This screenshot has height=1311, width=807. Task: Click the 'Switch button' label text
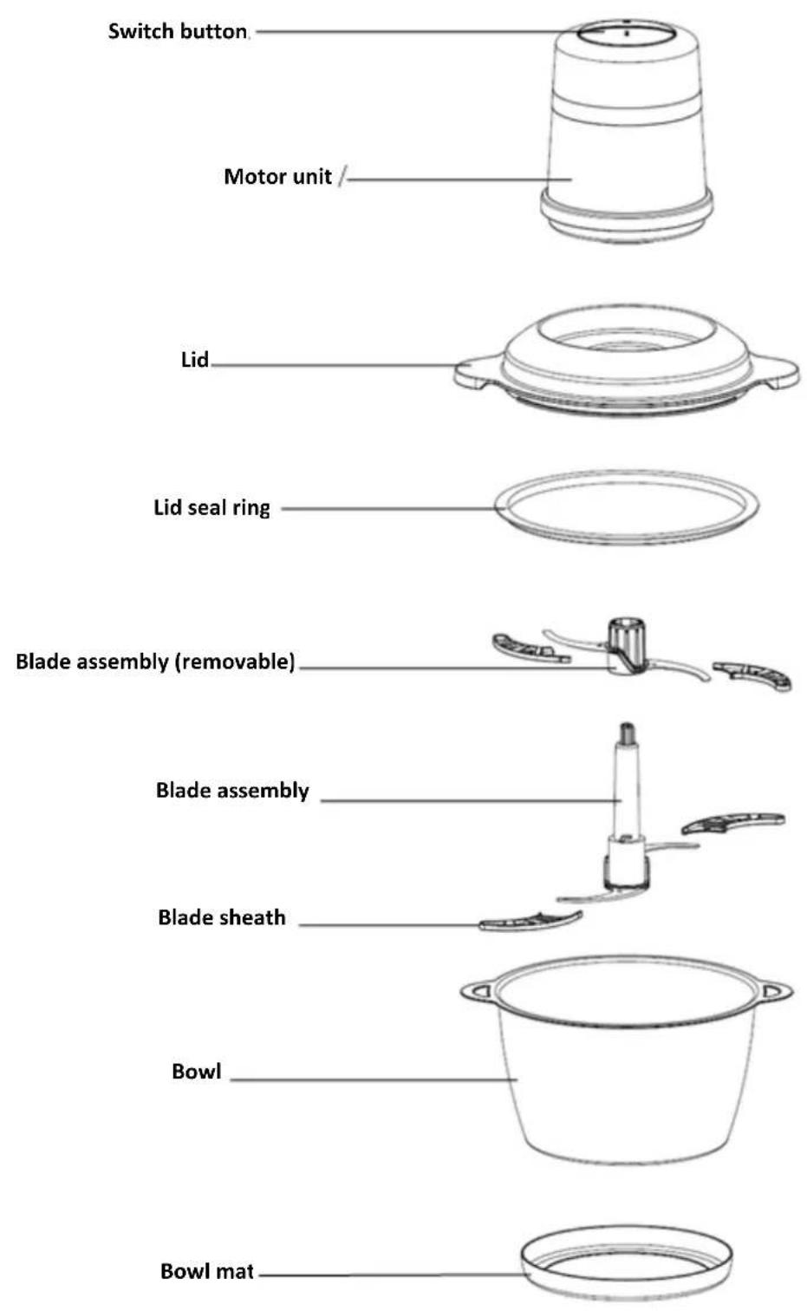[x=178, y=31]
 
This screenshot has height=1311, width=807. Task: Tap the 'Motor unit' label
[x=277, y=176]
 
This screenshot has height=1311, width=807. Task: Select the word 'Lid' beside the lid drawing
[x=195, y=359]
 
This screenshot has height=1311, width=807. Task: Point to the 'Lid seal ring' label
[x=212, y=507]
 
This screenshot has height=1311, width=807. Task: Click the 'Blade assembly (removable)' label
[x=155, y=662]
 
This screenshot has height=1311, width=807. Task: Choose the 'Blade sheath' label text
[x=222, y=916]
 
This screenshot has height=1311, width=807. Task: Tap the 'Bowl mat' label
[x=207, y=1270]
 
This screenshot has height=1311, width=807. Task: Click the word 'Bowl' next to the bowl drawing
[x=196, y=1071]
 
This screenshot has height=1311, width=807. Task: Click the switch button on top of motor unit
[x=626, y=31]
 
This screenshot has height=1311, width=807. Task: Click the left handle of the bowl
[x=478, y=991]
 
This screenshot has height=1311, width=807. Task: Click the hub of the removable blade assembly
[x=626, y=647]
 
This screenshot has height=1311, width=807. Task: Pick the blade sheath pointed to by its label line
[x=530, y=921]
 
